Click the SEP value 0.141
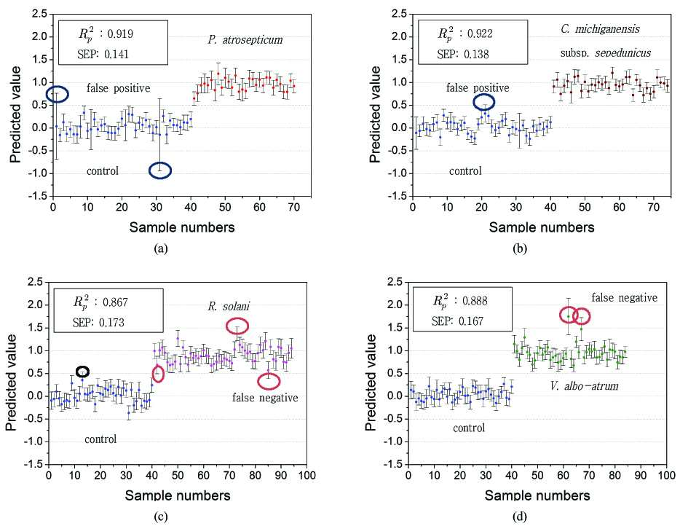coord(116,54)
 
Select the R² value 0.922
coord(480,34)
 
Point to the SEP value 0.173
coord(111,323)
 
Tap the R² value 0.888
coord(475,301)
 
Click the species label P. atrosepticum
coord(245,40)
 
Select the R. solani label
coord(229,307)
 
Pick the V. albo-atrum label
coord(584,386)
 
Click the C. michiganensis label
coord(600,29)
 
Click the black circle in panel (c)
coord(82,366)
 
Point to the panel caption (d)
coord(520,517)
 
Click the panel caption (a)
coord(160,248)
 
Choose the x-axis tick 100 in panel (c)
coord(307,475)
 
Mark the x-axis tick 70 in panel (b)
coord(654,207)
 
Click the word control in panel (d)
coord(469,428)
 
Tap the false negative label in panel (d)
coord(625,298)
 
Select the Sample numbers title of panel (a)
coord(182,227)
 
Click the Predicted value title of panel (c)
coord(11,382)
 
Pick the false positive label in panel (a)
coord(119,88)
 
